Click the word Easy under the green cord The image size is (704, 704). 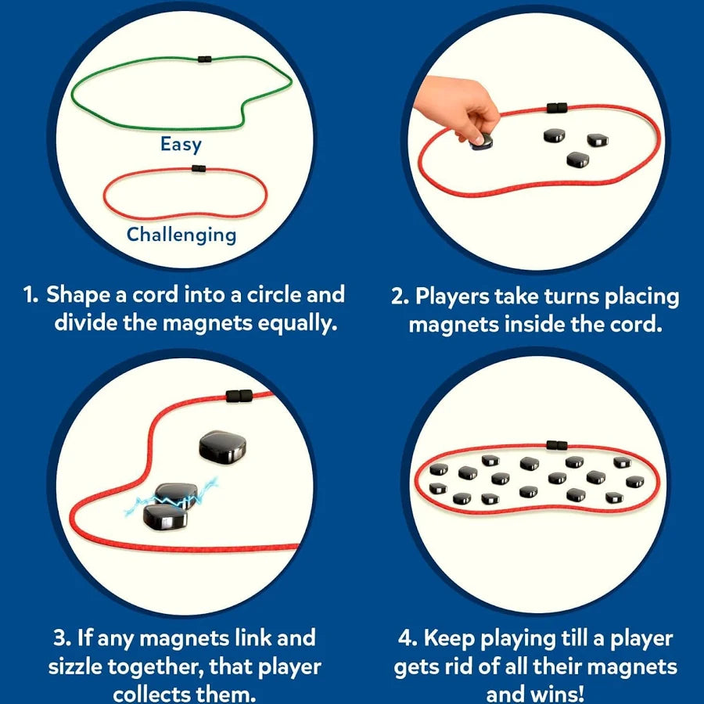point(181,145)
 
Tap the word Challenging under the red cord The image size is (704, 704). point(181,235)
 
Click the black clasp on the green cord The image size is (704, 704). point(205,59)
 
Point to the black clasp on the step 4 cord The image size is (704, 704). point(556,446)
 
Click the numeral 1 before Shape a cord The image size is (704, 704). point(30,296)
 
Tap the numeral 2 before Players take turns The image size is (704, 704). point(397,297)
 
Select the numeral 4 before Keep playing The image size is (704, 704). point(406,639)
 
